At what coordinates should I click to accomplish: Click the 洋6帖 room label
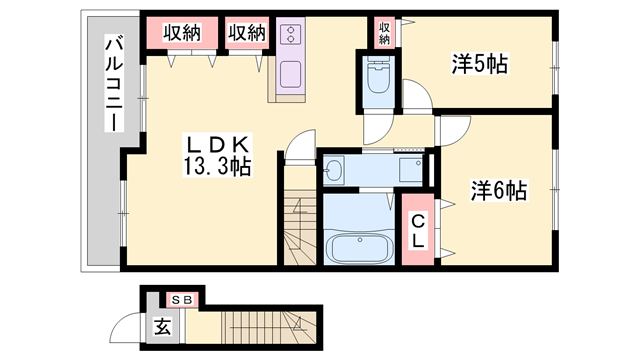click(499, 189)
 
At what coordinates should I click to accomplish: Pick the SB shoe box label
click(181, 299)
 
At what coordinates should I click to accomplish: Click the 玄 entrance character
click(161, 326)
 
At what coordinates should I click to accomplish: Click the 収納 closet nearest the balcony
click(182, 33)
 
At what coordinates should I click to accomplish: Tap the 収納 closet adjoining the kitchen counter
click(247, 33)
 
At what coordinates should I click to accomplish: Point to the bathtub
click(358, 248)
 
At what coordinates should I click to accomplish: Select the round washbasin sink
click(334, 172)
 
